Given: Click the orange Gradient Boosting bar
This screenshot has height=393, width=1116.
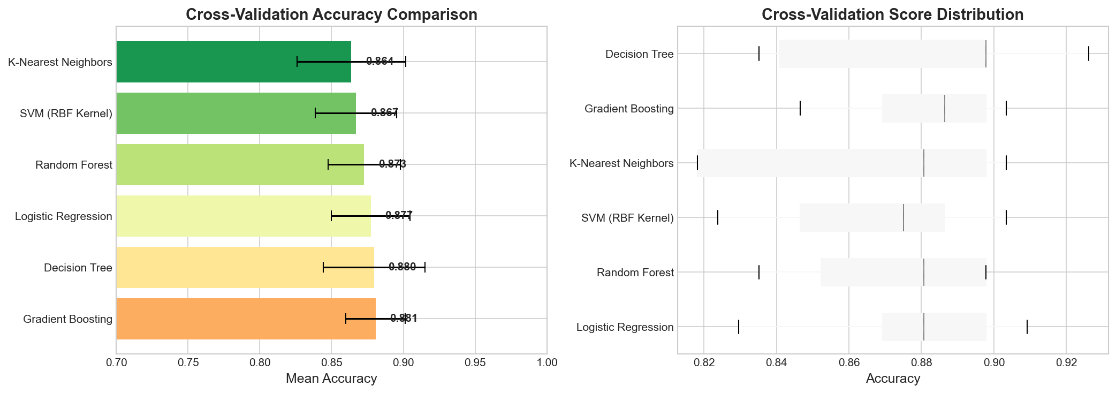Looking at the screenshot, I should (x=246, y=319).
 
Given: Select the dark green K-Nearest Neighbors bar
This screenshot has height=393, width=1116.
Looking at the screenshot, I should (x=233, y=62).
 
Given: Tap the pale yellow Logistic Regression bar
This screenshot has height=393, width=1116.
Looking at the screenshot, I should (x=244, y=216).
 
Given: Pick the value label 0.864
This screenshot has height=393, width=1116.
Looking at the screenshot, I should (x=379, y=61).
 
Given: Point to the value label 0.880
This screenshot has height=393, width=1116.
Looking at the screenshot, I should (x=402, y=267).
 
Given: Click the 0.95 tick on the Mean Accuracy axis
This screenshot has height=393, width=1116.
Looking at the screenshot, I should (x=475, y=362).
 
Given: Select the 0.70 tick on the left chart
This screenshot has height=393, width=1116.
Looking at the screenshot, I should (x=117, y=362).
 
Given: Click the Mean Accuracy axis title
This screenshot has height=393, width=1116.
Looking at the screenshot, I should (x=331, y=379).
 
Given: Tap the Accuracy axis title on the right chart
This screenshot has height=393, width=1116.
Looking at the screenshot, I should (x=893, y=379).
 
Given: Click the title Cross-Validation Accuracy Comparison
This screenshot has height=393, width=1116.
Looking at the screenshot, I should (x=331, y=14).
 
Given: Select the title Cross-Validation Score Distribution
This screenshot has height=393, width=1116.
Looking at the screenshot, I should (x=892, y=14).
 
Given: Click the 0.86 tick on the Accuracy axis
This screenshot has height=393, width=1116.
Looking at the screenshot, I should (x=849, y=362).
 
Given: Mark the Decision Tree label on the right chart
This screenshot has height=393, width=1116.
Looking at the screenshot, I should (x=639, y=54).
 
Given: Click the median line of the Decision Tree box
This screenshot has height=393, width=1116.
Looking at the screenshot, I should (x=985, y=54).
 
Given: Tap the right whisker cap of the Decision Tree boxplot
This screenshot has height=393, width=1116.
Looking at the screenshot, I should (x=1088, y=54).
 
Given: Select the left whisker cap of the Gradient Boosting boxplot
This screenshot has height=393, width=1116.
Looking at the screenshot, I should (x=800, y=108).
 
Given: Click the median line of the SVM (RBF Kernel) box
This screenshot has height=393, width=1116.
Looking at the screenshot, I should (x=904, y=217).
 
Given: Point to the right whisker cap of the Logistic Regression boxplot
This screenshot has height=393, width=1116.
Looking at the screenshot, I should (x=1027, y=327).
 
